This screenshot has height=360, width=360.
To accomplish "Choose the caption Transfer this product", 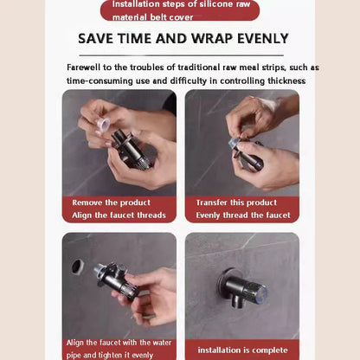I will (226, 202).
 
